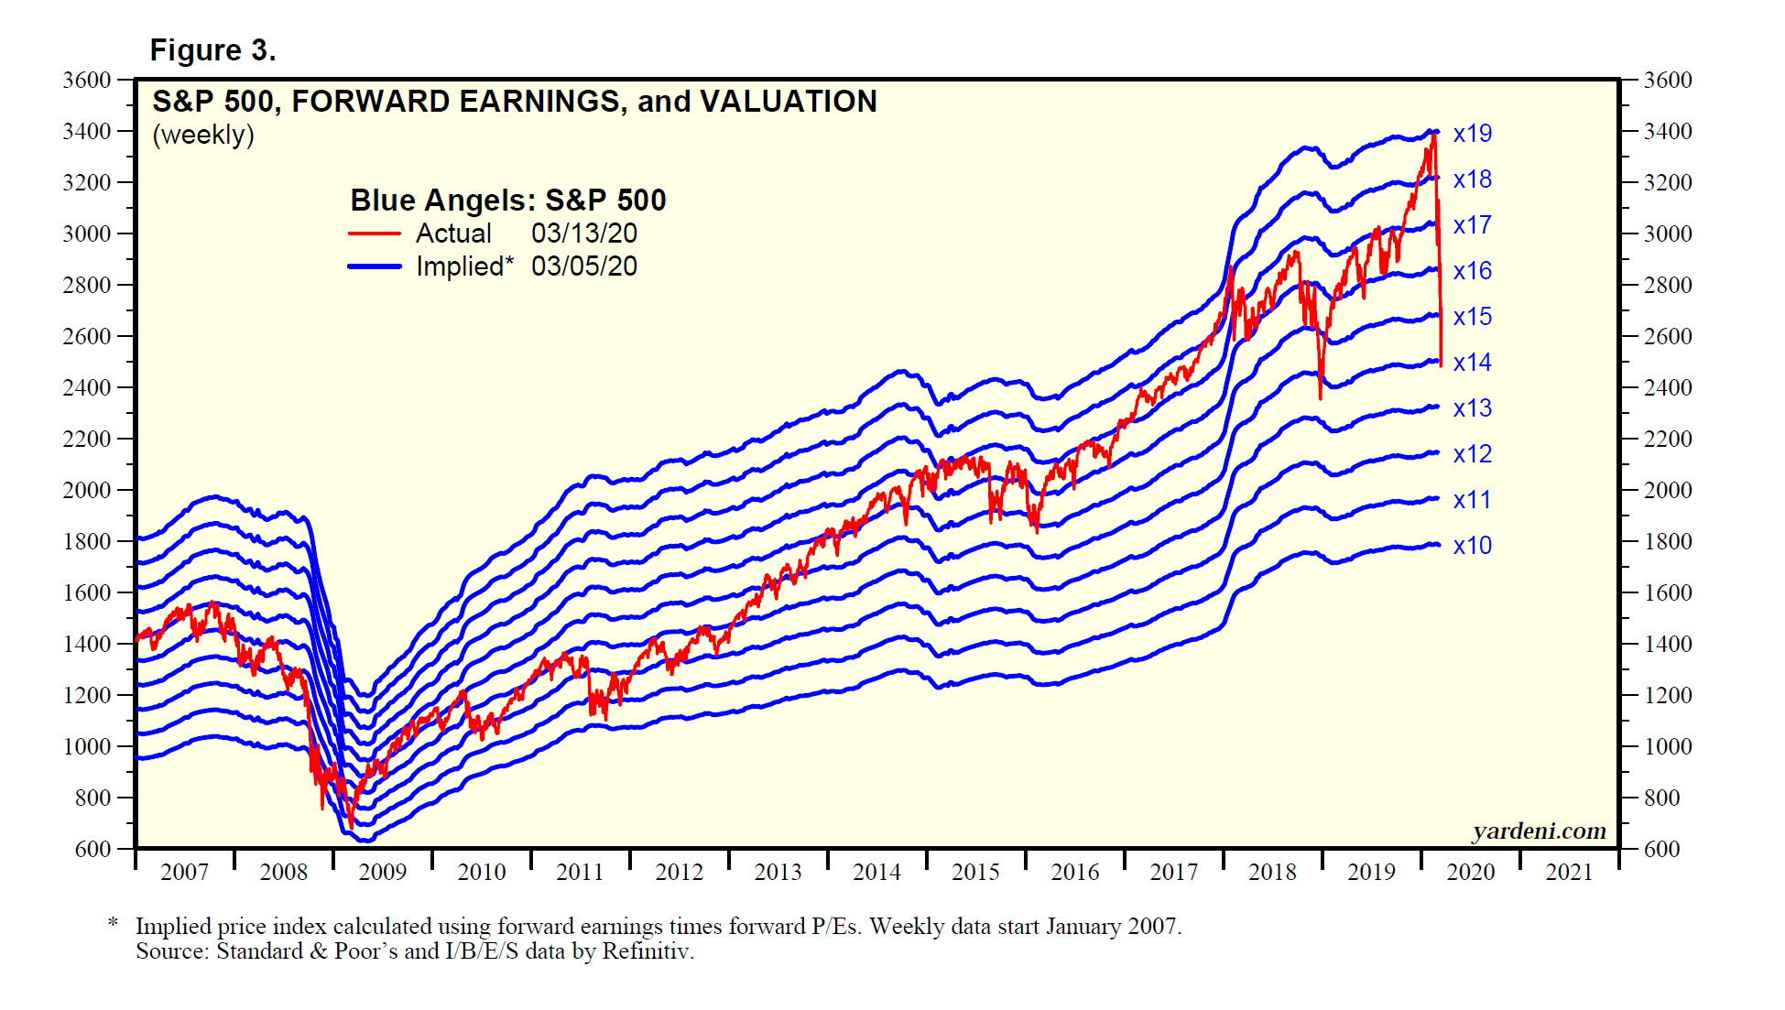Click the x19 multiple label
coord(1472,134)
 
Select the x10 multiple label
coord(1472,546)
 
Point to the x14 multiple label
coord(1472,363)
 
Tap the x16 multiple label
coord(1472,271)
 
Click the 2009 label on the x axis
coord(382,872)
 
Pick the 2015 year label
coord(975,872)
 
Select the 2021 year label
coord(1569,872)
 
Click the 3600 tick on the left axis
coord(86,80)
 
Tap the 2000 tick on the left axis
coord(86,490)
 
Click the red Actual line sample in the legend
coord(375,234)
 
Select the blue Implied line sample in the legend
coord(375,267)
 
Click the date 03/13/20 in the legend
coord(583,234)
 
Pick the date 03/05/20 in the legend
coord(583,267)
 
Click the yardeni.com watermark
coord(1539,831)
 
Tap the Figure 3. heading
coord(212,50)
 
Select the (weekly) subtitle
coord(203,136)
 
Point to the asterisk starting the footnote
coord(113,924)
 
